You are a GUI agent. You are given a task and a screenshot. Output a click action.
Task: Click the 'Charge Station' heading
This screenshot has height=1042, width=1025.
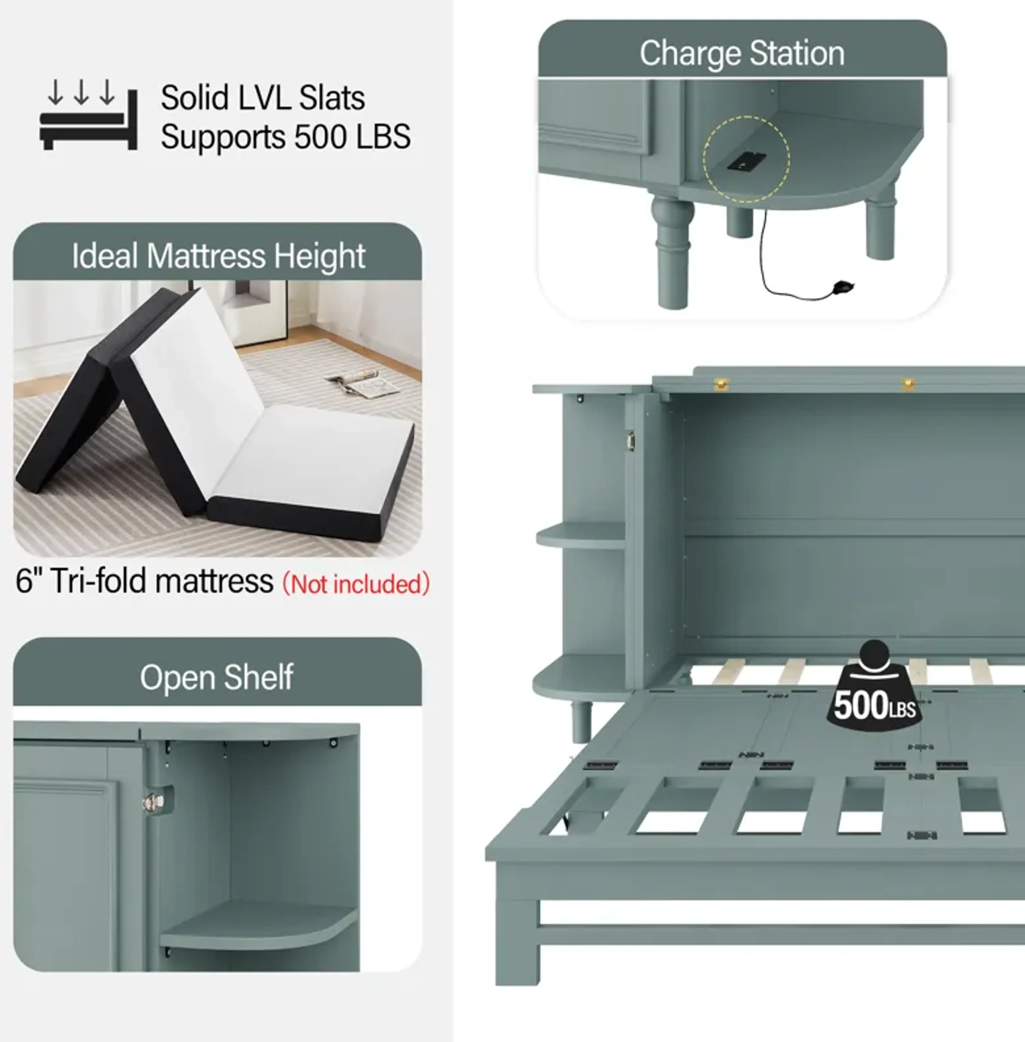742,54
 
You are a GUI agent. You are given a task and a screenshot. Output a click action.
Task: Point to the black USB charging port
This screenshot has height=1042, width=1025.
747,161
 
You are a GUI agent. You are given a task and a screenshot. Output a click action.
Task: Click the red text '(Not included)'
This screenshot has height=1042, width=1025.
356,584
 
